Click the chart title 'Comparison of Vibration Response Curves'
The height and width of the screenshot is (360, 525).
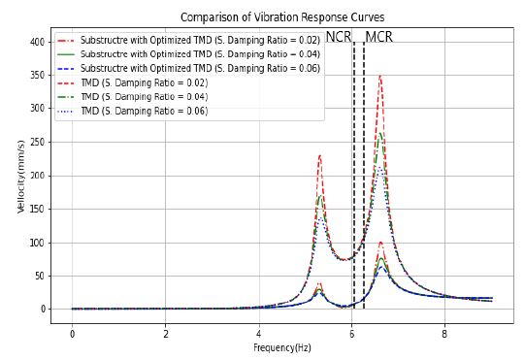282,16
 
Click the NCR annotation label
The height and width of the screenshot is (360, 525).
339,37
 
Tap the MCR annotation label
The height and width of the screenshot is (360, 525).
378,37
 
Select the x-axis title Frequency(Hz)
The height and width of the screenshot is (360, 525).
282,347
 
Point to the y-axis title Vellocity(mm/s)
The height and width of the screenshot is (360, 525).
20,177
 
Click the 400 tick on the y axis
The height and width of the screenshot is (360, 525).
37,42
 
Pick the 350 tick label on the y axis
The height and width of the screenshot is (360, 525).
37,75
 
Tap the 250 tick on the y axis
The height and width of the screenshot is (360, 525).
37,142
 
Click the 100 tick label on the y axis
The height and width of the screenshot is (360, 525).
37,243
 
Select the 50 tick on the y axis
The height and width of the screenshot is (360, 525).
40,276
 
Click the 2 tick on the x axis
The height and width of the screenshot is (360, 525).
165,334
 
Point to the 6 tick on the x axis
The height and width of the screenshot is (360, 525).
351,334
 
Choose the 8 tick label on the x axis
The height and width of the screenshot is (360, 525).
444,334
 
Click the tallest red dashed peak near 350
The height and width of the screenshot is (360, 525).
380,77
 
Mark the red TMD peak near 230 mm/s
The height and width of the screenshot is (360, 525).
320,155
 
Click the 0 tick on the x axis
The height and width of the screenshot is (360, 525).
72,334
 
